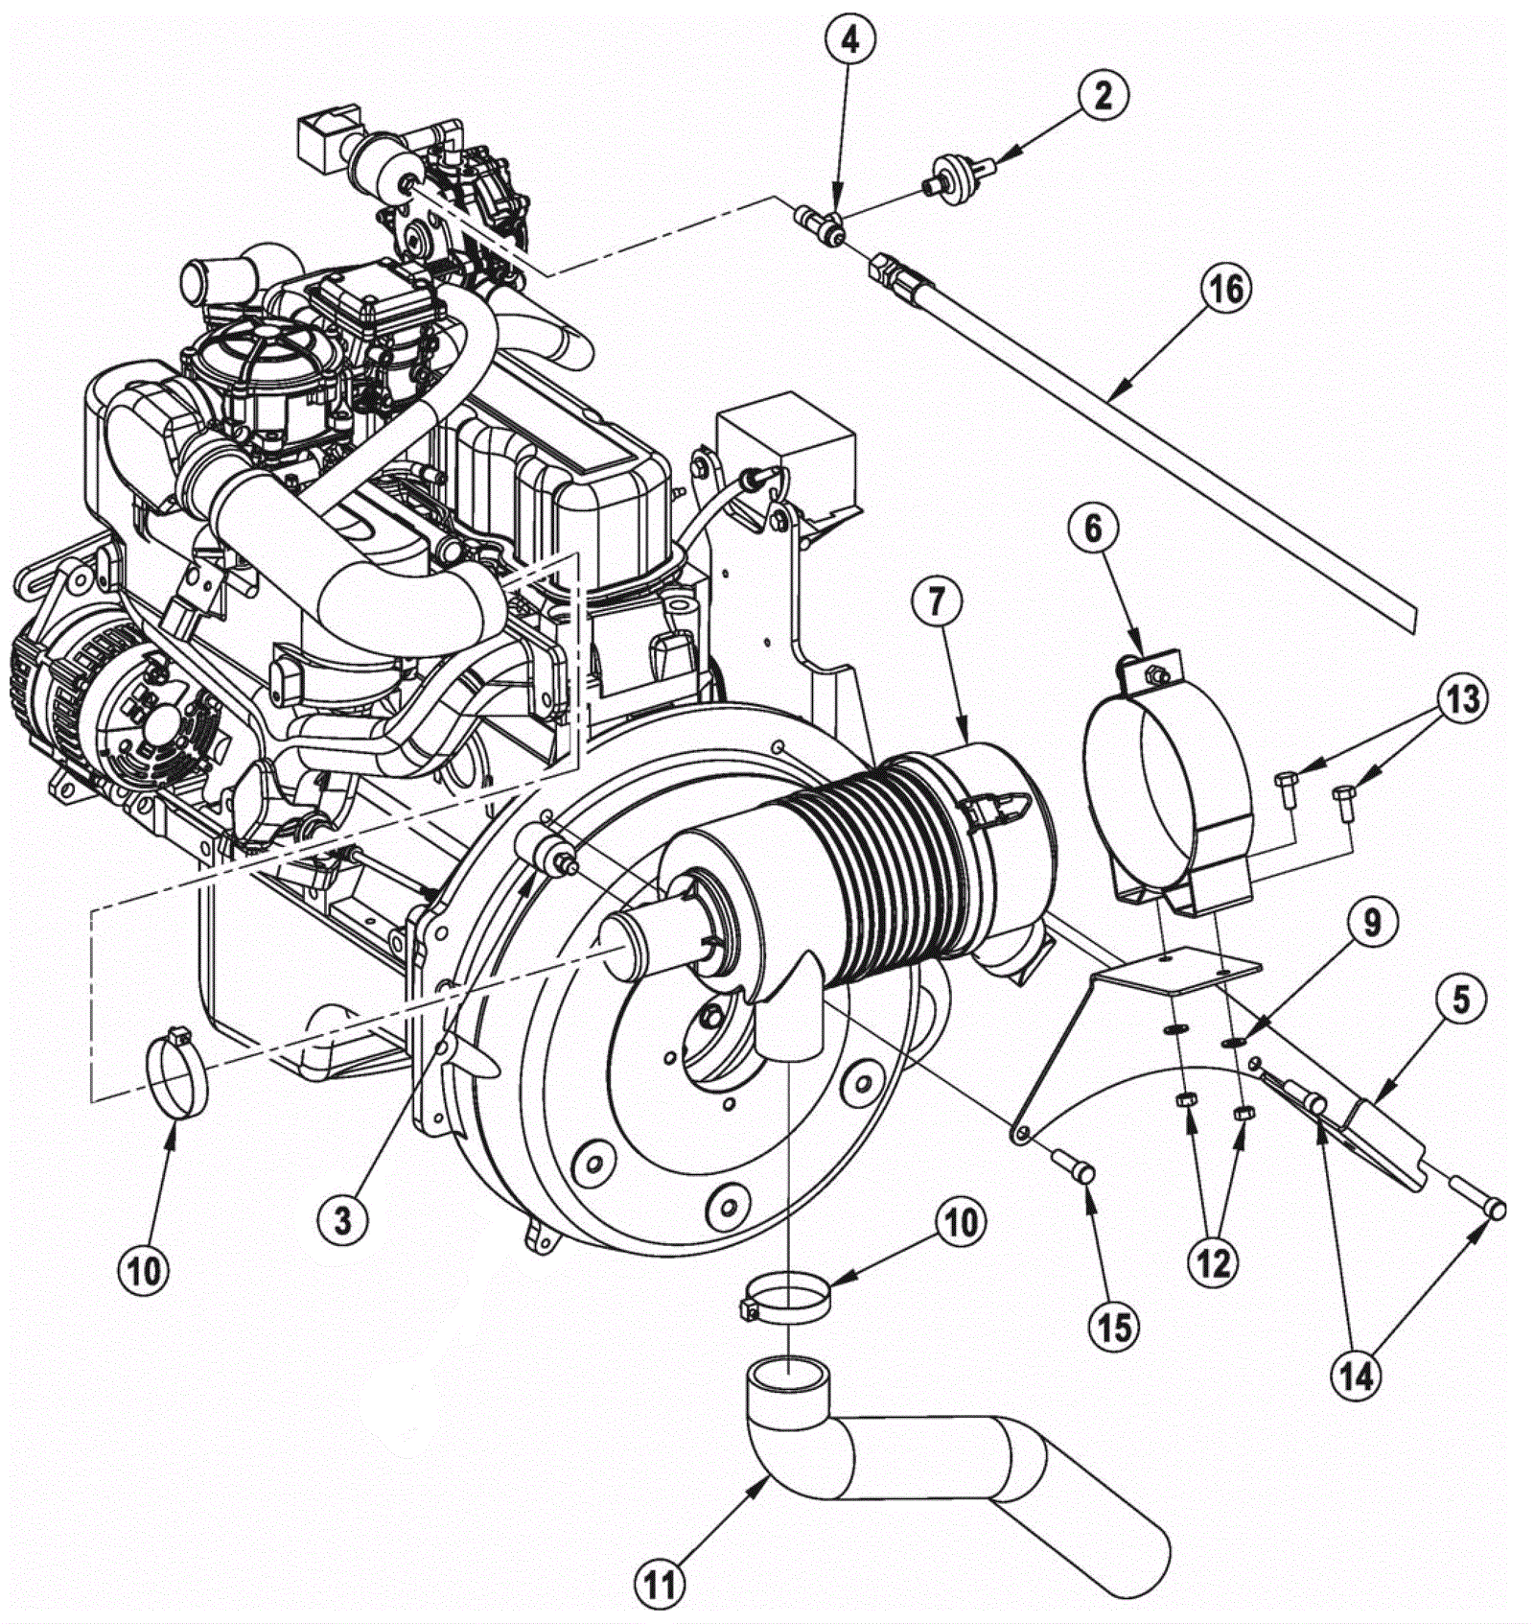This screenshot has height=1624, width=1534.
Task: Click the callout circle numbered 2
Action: [1103, 95]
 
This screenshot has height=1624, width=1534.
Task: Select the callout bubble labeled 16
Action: [1225, 289]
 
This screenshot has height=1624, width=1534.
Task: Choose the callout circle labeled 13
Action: [1462, 699]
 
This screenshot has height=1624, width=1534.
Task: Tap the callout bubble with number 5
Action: [1460, 1000]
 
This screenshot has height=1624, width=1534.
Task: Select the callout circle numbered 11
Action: [661, 1585]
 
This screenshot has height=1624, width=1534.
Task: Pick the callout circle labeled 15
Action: [1115, 1328]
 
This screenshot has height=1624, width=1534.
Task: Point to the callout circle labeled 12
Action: [1213, 1263]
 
